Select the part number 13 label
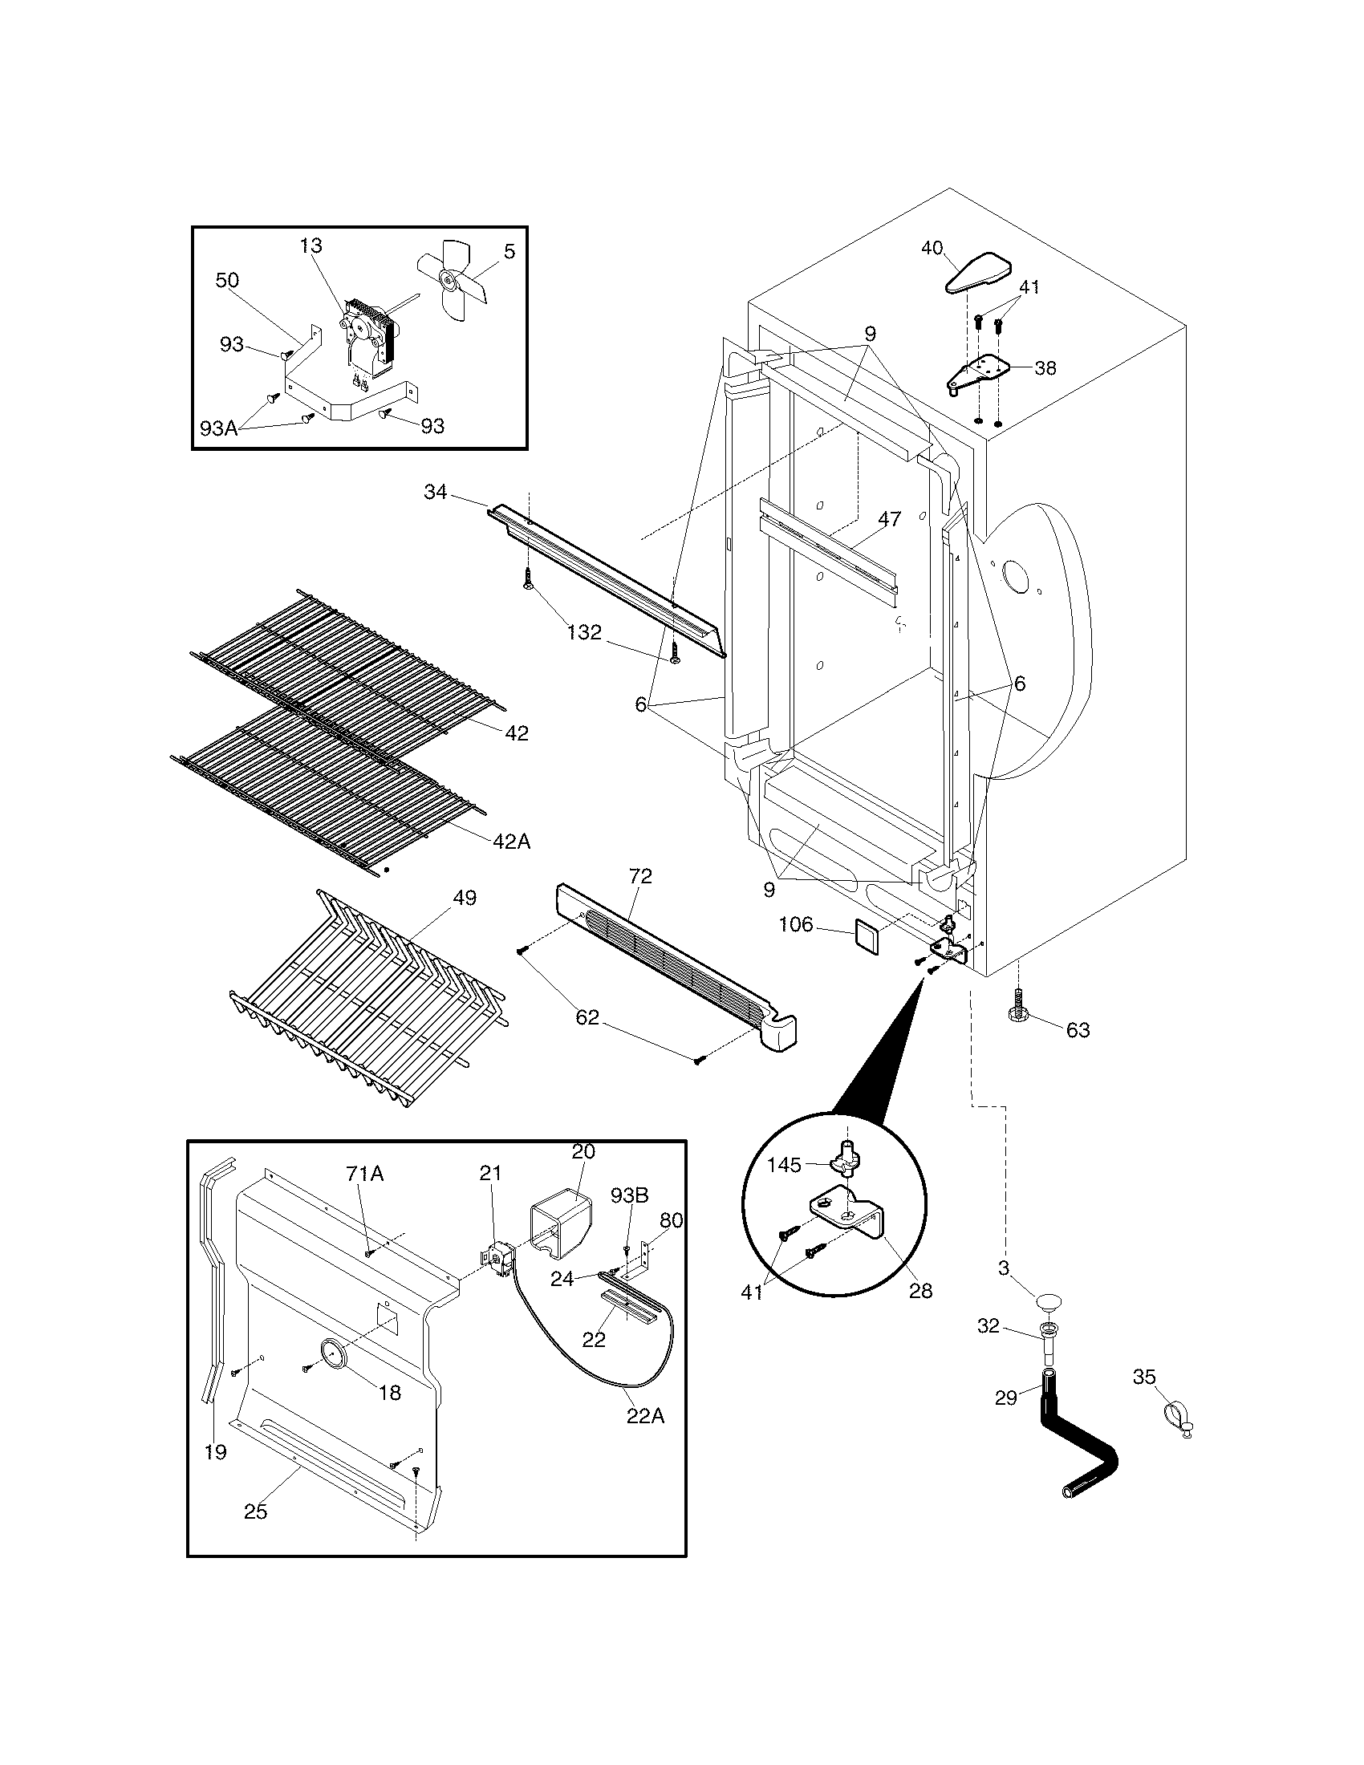point(311,245)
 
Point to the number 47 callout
point(889,519)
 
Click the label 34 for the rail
point(436,491)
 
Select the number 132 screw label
point(584,632)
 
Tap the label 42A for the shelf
point(512,842)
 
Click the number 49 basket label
point(465,897)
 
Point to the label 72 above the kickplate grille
point(640,876)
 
